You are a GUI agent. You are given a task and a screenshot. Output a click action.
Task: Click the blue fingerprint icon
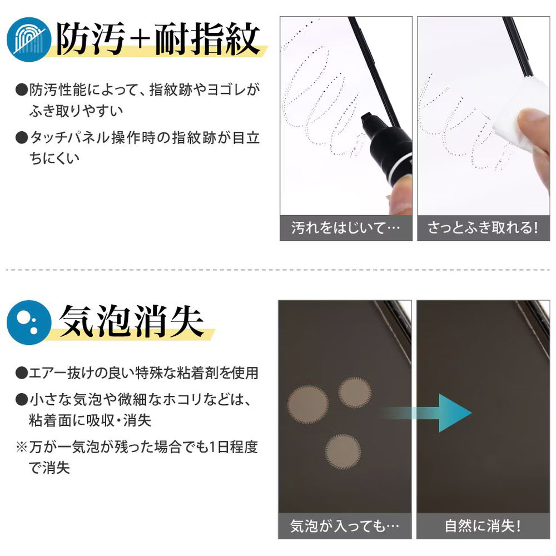tap(29, 39)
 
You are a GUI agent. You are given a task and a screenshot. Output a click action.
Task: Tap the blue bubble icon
tap(29, 322)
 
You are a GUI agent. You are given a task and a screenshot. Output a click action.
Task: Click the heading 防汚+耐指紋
tap(158, 39)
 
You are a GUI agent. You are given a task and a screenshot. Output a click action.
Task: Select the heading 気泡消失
tap(132, 321)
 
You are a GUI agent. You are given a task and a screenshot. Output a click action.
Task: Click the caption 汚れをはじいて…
tap(345, 227)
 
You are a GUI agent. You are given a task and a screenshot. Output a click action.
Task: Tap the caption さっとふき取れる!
tap(483, 227)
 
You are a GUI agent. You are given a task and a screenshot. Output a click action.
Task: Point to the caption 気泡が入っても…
tap(345, 525)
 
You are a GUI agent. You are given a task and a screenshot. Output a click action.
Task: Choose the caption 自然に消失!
tap(483, 525)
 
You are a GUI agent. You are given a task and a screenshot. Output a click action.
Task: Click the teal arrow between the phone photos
tap(425, 413)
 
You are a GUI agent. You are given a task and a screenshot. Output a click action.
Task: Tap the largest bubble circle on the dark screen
tap(308, 404)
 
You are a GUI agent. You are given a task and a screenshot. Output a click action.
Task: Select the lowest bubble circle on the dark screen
tap(343, 451)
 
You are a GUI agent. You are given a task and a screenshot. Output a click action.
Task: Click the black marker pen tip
tap(366, 120)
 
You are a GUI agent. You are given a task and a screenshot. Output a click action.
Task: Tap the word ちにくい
tap(54, 158)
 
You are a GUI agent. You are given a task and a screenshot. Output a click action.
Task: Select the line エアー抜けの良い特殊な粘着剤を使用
tap(143, 373)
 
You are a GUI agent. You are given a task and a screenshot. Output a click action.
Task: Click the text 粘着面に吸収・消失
tap(90, 420)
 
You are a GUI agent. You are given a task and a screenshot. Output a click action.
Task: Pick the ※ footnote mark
tap(22, 447)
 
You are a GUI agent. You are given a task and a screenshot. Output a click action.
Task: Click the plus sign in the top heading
tap(141, 39)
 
